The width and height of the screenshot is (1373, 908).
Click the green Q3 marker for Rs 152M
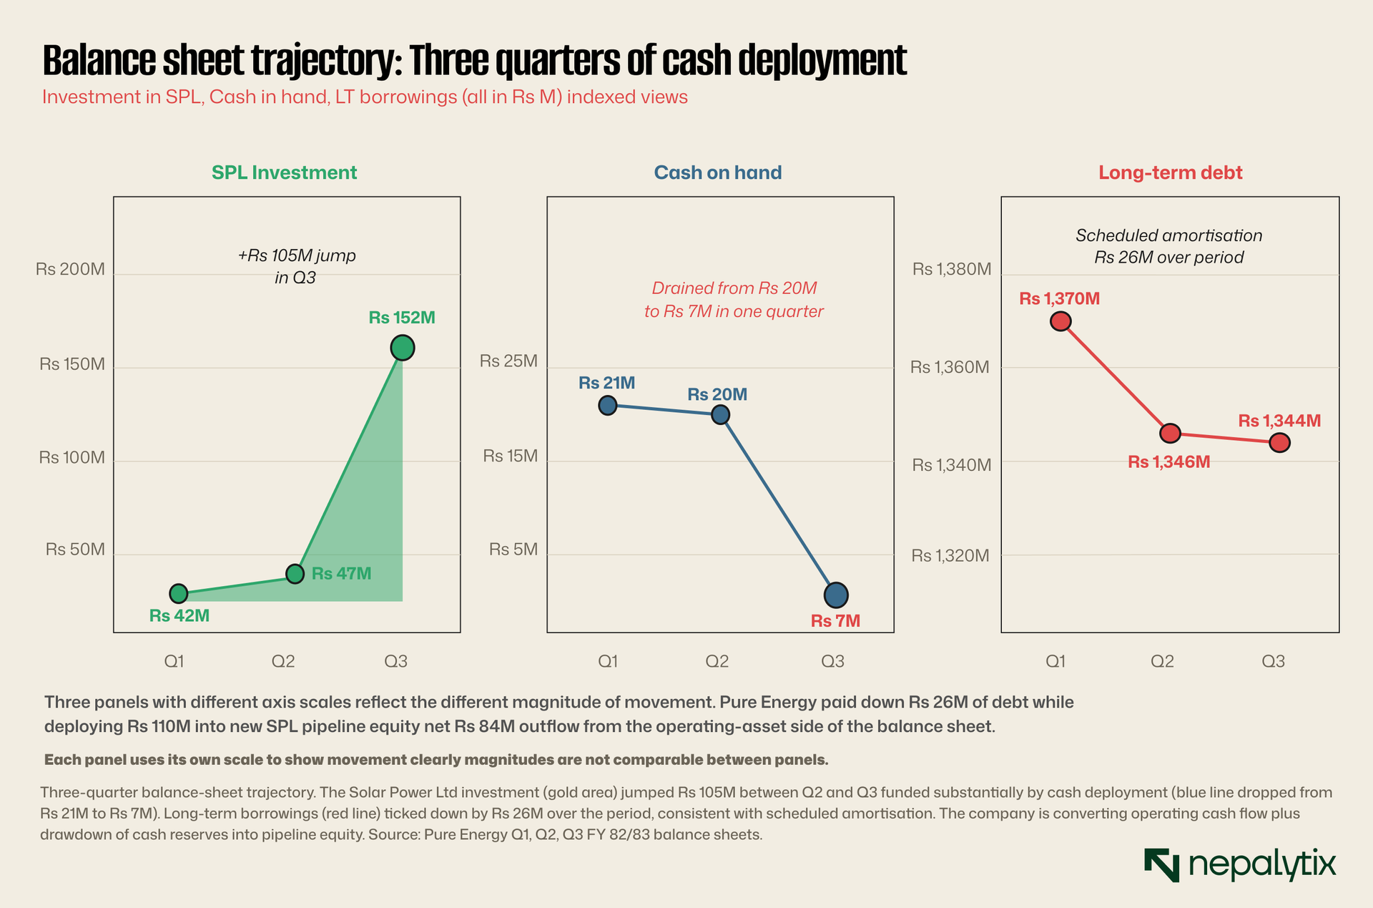(402, 348)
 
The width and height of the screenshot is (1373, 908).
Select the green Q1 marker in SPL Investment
(178, 593)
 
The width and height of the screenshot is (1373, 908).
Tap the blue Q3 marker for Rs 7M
(836, 595)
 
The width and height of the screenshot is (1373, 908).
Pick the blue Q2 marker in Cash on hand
(720, 414)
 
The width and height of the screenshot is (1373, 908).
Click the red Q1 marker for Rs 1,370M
(1060, 321)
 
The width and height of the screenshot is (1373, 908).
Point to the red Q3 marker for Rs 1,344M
(1279, 443)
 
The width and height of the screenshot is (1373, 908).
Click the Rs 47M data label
(342, 573)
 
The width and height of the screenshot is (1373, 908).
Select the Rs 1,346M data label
(1169, 462)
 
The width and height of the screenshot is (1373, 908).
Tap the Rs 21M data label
(606, 383)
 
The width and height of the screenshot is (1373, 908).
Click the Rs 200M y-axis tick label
(70, 270)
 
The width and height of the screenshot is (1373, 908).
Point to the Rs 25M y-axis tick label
(508, 361)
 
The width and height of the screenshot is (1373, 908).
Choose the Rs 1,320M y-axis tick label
(950, 556)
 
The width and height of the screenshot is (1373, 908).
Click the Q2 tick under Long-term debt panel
(1162, 661)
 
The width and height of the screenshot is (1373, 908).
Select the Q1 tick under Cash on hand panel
(608, 661)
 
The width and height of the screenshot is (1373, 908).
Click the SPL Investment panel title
(284, 173)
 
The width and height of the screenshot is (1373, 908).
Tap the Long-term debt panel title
(1171, 173)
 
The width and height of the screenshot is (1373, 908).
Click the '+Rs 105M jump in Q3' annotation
(296, 266)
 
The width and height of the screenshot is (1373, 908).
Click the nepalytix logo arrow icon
(1161, 864)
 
